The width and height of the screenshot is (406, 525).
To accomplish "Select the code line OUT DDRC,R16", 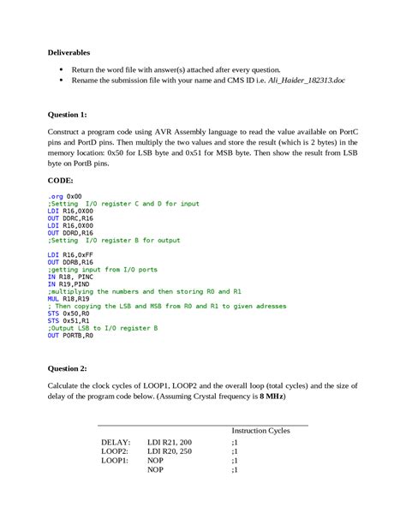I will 70,218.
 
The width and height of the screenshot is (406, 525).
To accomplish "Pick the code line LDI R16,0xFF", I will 70,255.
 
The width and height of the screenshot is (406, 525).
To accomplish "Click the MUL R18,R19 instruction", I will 69,299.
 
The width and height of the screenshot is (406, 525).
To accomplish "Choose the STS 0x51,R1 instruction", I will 69,320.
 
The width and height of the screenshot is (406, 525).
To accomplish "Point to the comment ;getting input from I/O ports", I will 102,270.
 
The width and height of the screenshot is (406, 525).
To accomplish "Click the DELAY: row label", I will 116,442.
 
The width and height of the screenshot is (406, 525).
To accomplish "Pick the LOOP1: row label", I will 115,461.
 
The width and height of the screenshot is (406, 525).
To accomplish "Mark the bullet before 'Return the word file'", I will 61,69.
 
